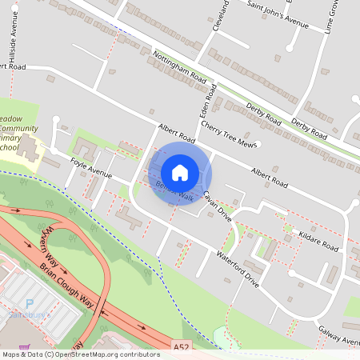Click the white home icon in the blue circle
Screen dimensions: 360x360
click(x=180, y=172)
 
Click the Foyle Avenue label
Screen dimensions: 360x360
click(x=90, y=167)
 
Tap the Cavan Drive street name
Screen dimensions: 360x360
click(x=216, y=206)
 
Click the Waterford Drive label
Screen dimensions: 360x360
click(x=238, y=269)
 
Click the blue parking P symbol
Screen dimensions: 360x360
click(x=30, y=304)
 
